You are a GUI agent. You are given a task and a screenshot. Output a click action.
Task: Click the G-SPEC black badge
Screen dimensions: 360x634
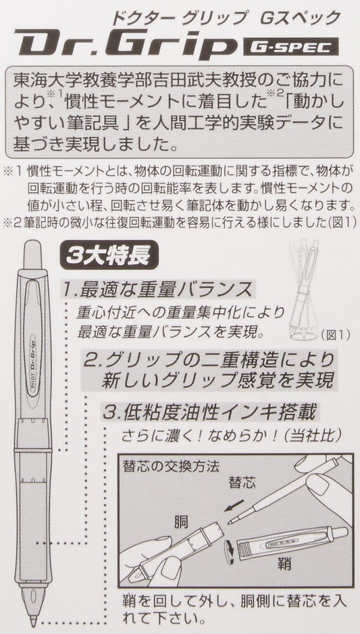pyautogui.click(x=290, y=47)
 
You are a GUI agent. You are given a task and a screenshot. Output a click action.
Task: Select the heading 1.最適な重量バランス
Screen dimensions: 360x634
pyautogui.click(x=158, y=290)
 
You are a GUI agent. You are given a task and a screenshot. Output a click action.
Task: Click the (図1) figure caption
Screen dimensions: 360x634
pyautogui.click(x=334, y=335)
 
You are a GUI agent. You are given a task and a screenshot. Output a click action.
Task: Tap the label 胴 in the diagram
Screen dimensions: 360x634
pyautogui.click(x=181, y=523)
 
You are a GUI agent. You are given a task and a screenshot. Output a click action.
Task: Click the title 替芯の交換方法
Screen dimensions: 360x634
pyautogui.click(x=171, y=466)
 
